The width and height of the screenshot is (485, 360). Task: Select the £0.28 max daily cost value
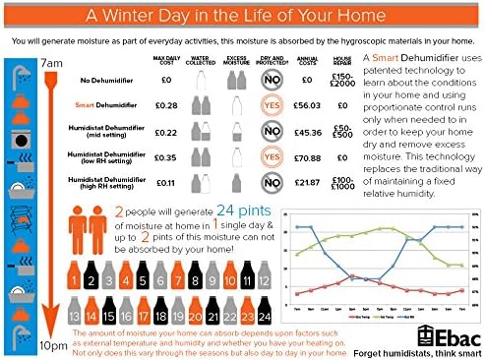coord(165,104)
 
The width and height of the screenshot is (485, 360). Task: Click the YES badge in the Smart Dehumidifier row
coord(270,104)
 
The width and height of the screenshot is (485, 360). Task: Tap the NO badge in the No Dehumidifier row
coord(270,79)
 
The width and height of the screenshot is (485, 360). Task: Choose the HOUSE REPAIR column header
coord(341,61)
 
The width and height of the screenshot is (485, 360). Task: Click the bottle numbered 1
coord(73,283)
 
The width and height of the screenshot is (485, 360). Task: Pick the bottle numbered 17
coord(145,317)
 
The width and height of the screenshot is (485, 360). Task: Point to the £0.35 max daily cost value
coord(165,155)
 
